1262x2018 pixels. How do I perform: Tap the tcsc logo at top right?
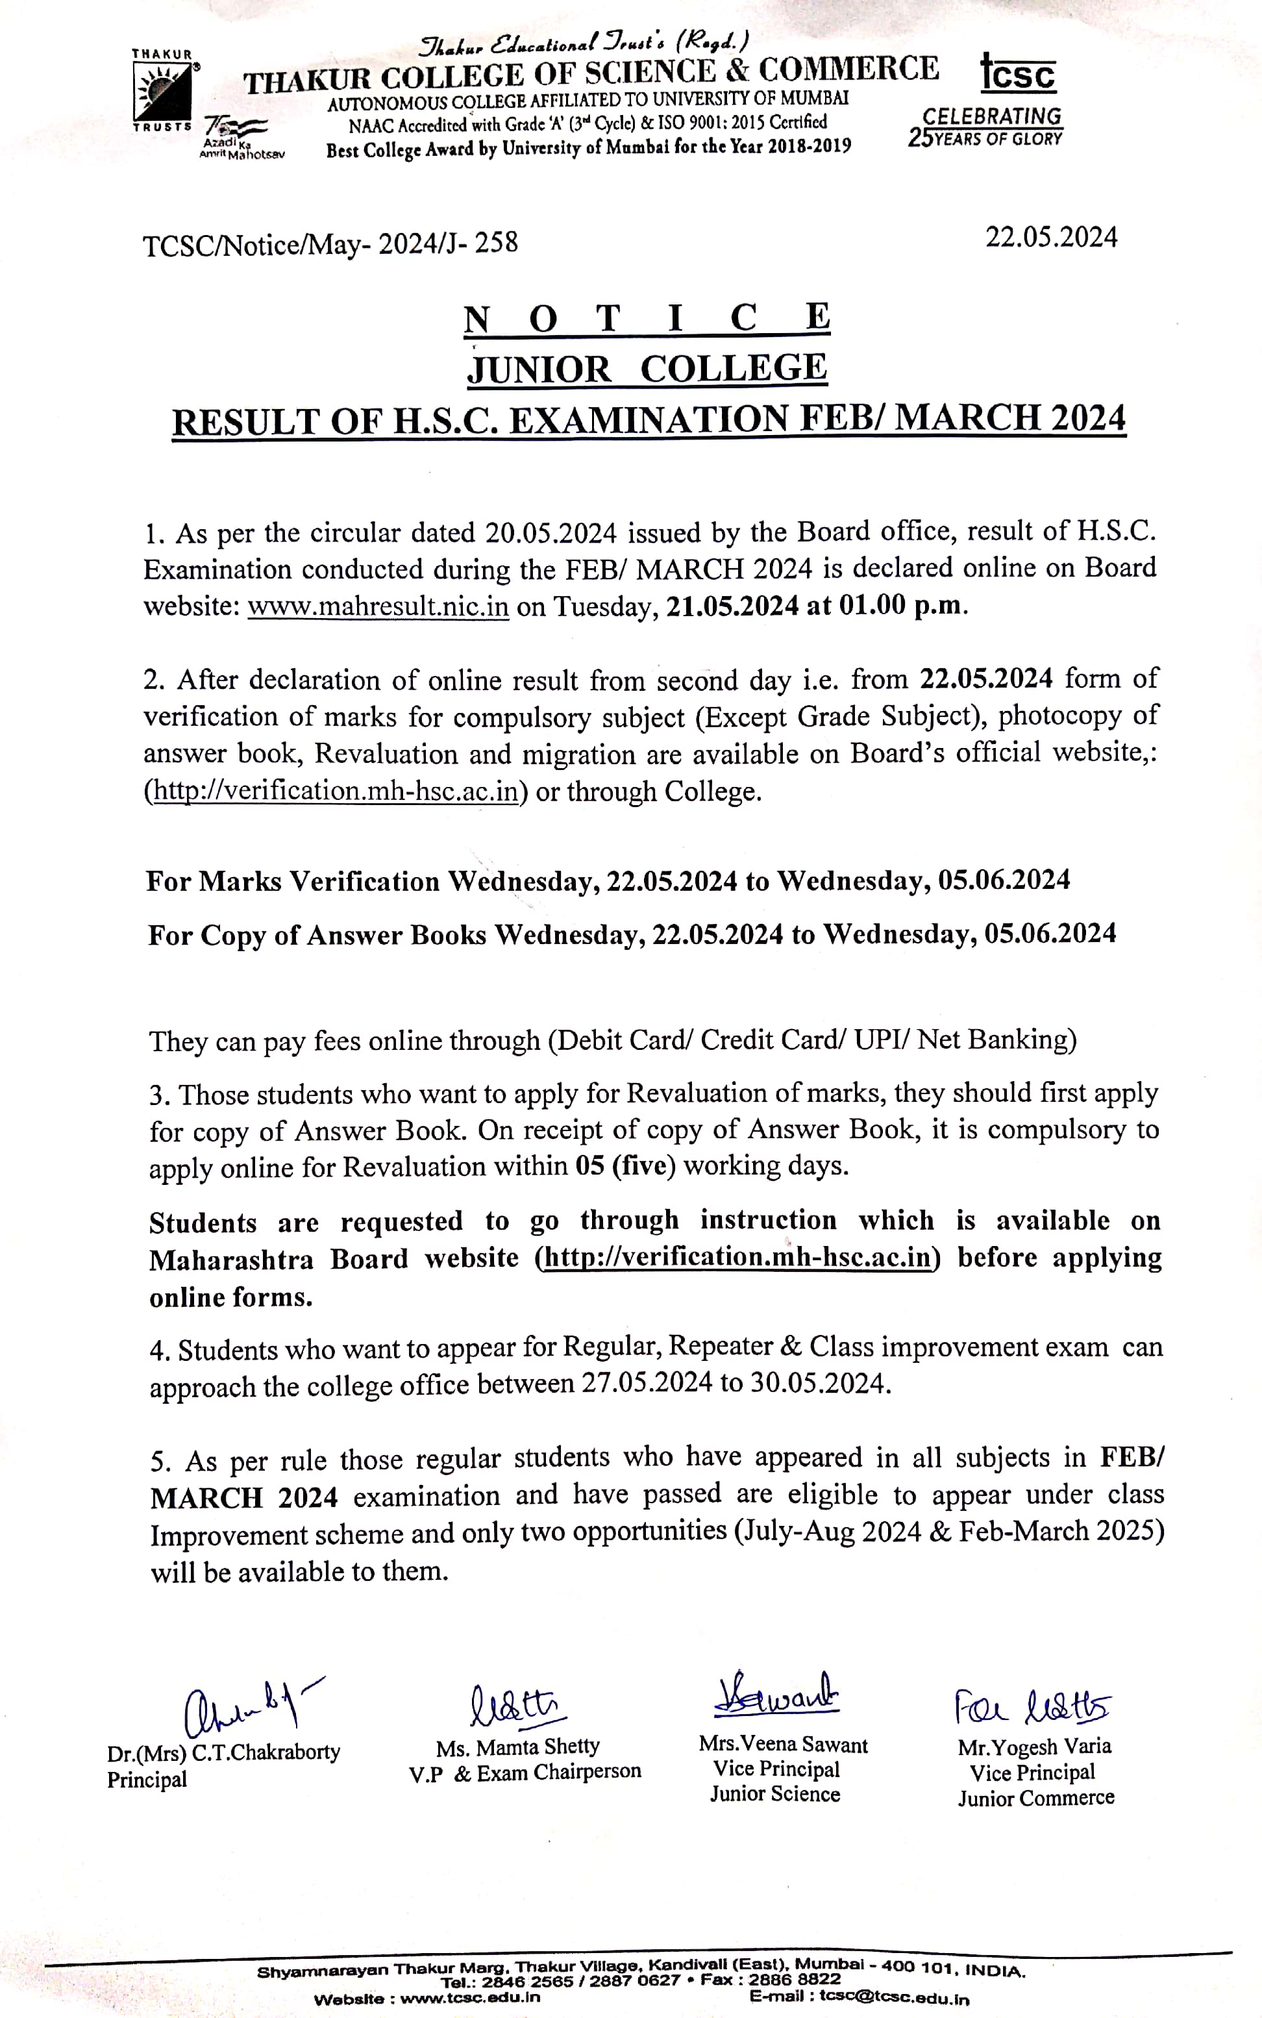coord(1017,73)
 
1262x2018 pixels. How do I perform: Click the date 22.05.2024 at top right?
coord(1051,237)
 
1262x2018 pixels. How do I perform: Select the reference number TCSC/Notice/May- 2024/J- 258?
coord(330,243)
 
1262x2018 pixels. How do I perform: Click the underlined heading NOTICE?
coord(647,319)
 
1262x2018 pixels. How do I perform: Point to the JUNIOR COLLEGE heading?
coord(647,369)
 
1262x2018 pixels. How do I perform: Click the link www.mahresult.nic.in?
coord(378,605)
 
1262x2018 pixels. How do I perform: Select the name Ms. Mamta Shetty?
coord(517,1747)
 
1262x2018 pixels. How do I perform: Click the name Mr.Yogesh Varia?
coord(1034,1747)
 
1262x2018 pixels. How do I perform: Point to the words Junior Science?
coord(774,1795)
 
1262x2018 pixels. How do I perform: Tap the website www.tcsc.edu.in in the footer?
coord(470,1998)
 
